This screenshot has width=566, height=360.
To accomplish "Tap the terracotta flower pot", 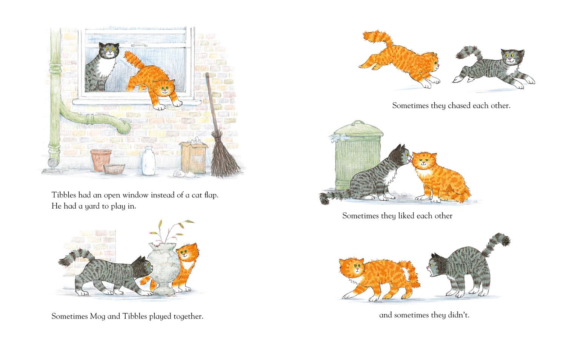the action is point(101,159).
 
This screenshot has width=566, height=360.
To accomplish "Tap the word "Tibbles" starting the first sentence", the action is point(64,195).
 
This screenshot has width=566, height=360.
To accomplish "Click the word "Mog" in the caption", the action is point(97,317).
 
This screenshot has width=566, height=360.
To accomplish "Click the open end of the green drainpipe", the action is point(125,126).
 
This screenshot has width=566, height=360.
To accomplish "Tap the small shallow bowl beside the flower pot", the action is point(114,169).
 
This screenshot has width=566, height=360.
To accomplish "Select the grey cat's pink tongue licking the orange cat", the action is point(411,160).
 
